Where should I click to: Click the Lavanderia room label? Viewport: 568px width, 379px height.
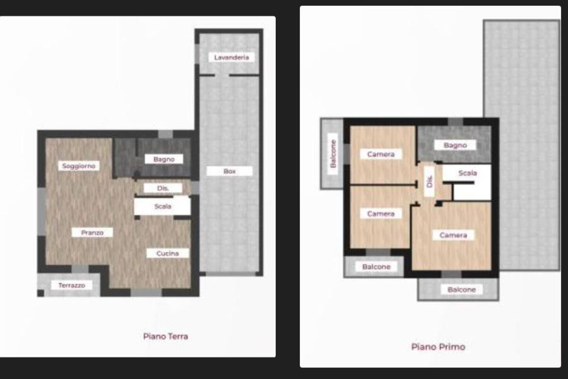(232, 57)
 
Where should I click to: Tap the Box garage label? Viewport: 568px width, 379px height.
(230, 171)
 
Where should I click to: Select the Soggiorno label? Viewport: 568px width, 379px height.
(79, 165)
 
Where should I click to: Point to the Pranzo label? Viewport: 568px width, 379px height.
(92, 232)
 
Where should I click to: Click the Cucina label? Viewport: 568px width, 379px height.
(167, 253)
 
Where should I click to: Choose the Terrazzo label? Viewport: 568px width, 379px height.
(72, 286)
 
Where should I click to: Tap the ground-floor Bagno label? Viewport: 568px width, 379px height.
(163, 159)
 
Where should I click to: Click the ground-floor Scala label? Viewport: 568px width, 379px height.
(163, 207)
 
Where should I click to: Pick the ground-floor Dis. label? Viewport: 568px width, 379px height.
(163, 188)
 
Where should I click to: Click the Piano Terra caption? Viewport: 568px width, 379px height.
(165, 337)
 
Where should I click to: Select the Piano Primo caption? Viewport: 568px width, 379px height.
(439, 347)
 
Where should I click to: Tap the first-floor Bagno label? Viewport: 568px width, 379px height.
(455, 145)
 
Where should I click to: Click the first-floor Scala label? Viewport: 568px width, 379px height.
(468, 173)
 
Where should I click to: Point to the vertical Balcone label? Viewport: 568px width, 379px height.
(333, 153)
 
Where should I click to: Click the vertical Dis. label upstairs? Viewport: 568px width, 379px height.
(430, 181)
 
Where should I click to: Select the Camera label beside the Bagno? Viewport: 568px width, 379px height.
(381, 154)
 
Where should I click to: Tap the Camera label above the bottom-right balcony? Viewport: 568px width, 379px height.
(453, 235)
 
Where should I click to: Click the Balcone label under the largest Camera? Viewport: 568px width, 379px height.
(461, 289)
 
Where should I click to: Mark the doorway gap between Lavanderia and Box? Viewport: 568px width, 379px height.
(222, 75)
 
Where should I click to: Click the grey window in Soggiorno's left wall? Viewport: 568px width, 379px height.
(42, 212)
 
